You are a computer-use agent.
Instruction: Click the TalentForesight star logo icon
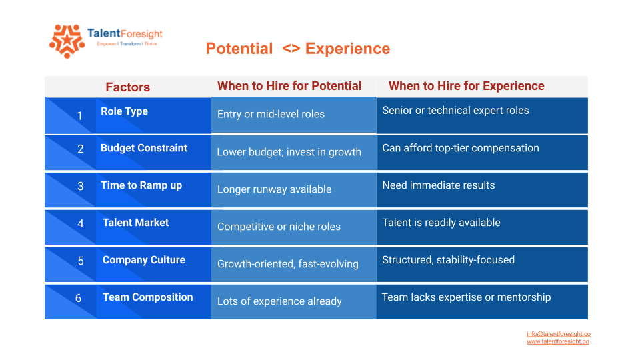[x=67, y=41]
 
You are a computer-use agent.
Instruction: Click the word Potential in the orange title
[x=239, y=49]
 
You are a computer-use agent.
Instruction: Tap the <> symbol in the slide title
[x=291, y=49]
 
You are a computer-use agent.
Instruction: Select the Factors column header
[x=128, y=87]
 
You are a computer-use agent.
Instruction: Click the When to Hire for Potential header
[x=289, y=86]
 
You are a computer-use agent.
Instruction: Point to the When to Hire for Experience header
[x=467, y=86]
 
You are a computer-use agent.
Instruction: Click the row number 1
[x=80, y=116]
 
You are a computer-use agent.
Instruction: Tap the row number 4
[x=81, y=223]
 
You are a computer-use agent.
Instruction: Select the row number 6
[x=79, y=299]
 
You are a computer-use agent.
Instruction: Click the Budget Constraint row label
[x=144, y=148]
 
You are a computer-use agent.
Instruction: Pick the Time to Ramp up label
[x=141, y=185]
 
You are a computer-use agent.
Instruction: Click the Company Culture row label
[x=144, y=260]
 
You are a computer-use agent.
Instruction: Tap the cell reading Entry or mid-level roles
[x=271, y=114]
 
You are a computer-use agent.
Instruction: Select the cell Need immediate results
[x=439, y=185]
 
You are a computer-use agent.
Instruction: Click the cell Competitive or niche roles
[x=279, y=227]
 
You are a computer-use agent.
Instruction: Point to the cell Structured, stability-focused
[x=448, y=260]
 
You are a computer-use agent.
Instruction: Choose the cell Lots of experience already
[x=279, y=301]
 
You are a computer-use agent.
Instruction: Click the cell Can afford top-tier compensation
[x=461, y=148]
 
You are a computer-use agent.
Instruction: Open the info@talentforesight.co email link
[x=559, y=334]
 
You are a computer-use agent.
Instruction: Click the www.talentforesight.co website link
[x=557, y=341]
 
